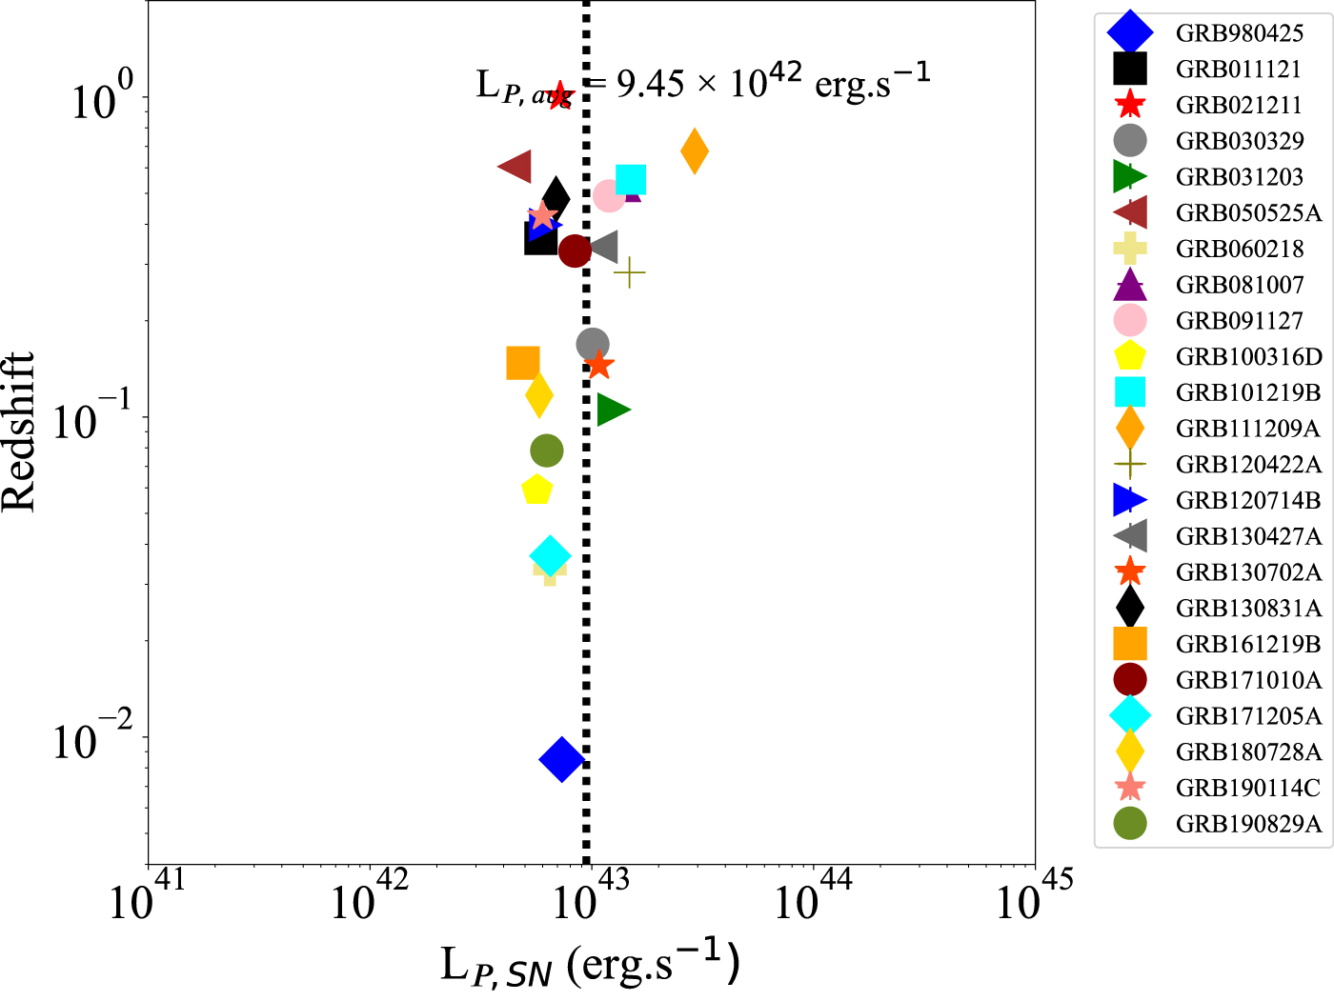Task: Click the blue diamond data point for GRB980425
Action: [x=561, y=759]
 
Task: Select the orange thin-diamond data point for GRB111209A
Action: [x=695, y=151]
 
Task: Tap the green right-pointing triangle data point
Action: [x=613, y=410]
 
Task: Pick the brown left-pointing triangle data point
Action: [x=515, y=167]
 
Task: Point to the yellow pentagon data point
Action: [x=537, y=490]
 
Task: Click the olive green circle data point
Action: [x=547, y=450]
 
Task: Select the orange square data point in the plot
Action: [x=523, y=363]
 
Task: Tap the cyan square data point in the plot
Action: [x=631, y=179]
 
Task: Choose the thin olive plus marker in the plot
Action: [x=629, y=273]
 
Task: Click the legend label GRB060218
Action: [x=1240, y=250]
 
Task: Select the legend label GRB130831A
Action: [x=1248, y=609]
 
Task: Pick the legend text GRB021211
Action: [x=1239, y=106]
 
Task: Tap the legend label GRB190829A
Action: [x=1248, y=825]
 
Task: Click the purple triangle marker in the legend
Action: [x=1130, y=285]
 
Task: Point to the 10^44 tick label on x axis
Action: [x=812, y=895]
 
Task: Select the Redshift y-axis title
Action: [x=19, y=431]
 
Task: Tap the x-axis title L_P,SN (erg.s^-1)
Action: [x=590, y=965]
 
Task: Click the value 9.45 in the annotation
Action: [x=650, y=84]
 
